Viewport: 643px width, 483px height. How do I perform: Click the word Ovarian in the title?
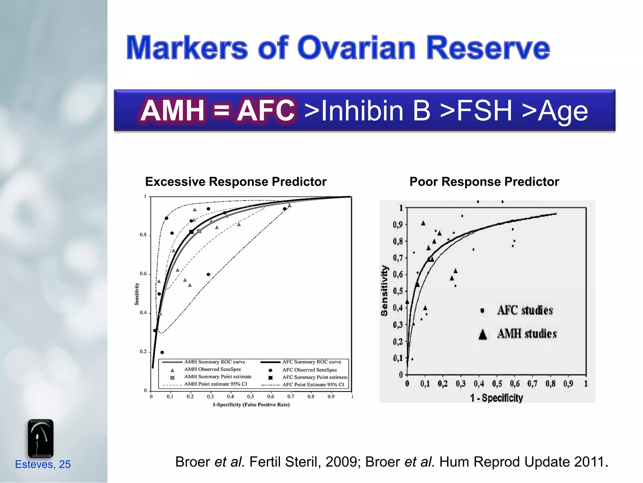(x=356, y=48)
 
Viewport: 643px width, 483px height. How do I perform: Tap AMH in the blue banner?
(x=172, y=111)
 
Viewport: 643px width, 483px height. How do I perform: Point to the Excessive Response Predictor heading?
(x=236, y=182)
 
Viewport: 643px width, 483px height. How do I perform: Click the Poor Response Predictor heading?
(x=484, y=182)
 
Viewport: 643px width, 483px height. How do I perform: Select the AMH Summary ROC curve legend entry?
(x=214, y=362)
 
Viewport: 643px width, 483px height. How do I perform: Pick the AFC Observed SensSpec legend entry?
(x=309, y=370)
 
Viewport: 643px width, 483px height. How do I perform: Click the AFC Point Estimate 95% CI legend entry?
(x=313, y=385)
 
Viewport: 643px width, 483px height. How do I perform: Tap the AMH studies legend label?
(x=527, y=334)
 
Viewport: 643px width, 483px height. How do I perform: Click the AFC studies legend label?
(x=525, y=310)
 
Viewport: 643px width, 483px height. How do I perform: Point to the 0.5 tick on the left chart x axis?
(x=250, y=397)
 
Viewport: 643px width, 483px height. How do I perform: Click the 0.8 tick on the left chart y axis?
(x=143, y=235)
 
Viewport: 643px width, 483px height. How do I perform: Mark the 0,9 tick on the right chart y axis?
(x=398, y=225)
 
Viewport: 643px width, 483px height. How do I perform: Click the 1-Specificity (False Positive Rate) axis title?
(x=251, y=405)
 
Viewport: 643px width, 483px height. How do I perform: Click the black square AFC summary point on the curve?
(x=192, y=232)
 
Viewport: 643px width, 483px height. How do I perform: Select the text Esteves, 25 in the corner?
(x=43, y=464)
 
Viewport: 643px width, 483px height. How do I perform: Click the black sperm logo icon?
(x=41, y=438)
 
